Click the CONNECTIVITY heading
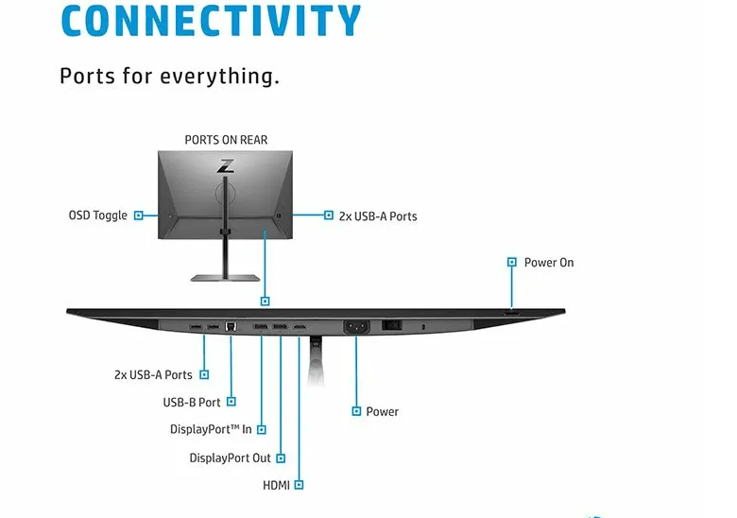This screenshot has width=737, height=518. point(211,20)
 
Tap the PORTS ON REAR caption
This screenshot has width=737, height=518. point(226,140)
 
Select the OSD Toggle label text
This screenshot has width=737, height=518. point(97,216)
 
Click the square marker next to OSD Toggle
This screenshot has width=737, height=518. point(139,216)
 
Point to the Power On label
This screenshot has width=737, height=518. point(548,262)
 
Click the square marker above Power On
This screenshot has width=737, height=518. point(511,262)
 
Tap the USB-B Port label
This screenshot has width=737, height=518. point(192,402)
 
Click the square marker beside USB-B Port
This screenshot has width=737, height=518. point(231,402)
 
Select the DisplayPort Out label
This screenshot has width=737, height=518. point(230,458)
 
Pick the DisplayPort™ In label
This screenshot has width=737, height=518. point(211,429)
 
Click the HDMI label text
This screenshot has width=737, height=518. point(276,485)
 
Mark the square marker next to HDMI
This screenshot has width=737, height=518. point(299,485)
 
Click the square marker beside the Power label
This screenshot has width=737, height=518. point(356,411)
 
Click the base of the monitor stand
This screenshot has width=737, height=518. point(225,277)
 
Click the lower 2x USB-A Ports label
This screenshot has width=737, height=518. point(153,374)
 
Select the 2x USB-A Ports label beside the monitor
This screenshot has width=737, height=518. point(377,216)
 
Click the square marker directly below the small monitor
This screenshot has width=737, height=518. point(266,301)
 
